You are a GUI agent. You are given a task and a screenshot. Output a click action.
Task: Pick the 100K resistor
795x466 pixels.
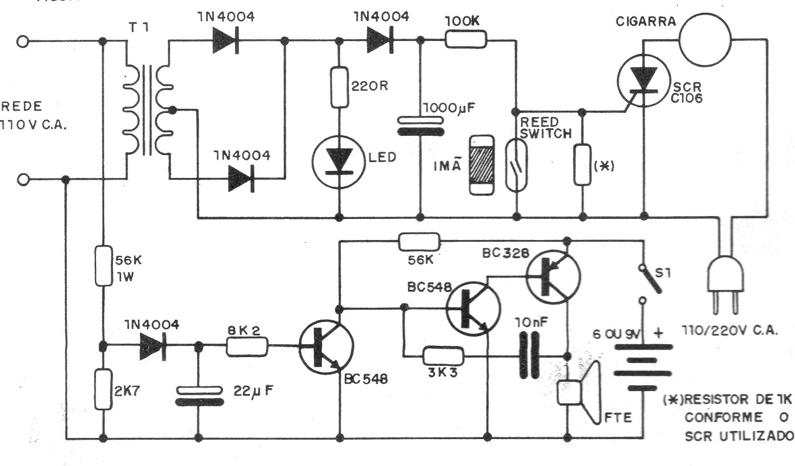(x=466, y=40)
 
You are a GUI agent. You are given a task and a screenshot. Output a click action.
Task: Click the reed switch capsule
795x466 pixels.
(x=517, y=162)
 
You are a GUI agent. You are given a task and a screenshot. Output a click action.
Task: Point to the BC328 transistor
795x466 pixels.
(x=553, y=275)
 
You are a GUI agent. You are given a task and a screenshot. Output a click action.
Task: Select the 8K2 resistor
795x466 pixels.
(x=247, y=347)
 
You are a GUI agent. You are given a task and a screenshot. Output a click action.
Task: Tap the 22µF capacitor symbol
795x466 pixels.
(x=198, y=396)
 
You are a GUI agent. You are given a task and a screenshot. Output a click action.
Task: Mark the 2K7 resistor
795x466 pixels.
(x=103, y=389)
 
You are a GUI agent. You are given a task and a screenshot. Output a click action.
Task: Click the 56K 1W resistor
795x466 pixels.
(x=103, y=266)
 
